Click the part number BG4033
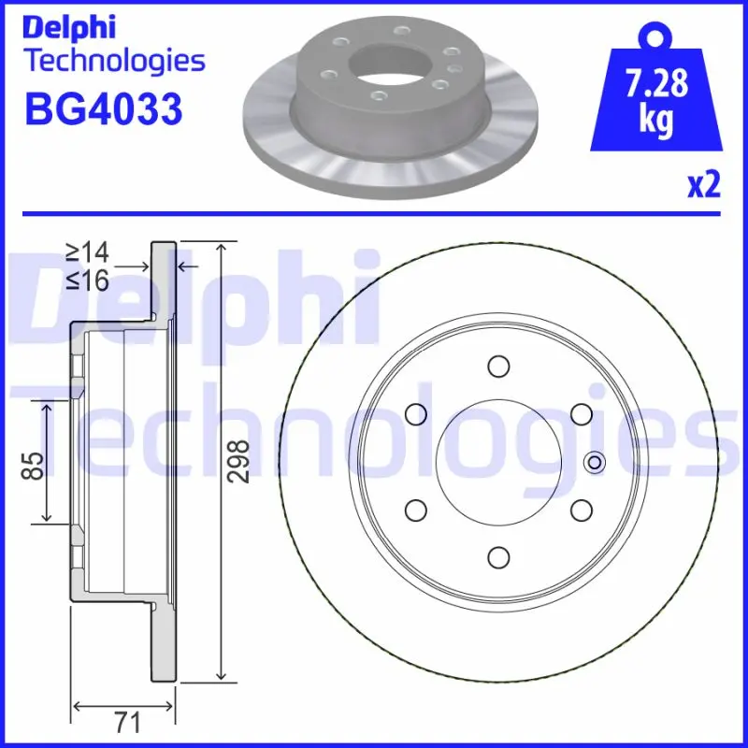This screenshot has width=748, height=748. point(102,109)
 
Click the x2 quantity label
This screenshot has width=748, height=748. point(703,185)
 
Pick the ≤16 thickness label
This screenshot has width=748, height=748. point(88,280)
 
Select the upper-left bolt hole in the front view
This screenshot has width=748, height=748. point(414,413)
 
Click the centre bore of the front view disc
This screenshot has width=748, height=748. point(497,461)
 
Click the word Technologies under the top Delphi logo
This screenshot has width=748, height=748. point(114,61)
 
